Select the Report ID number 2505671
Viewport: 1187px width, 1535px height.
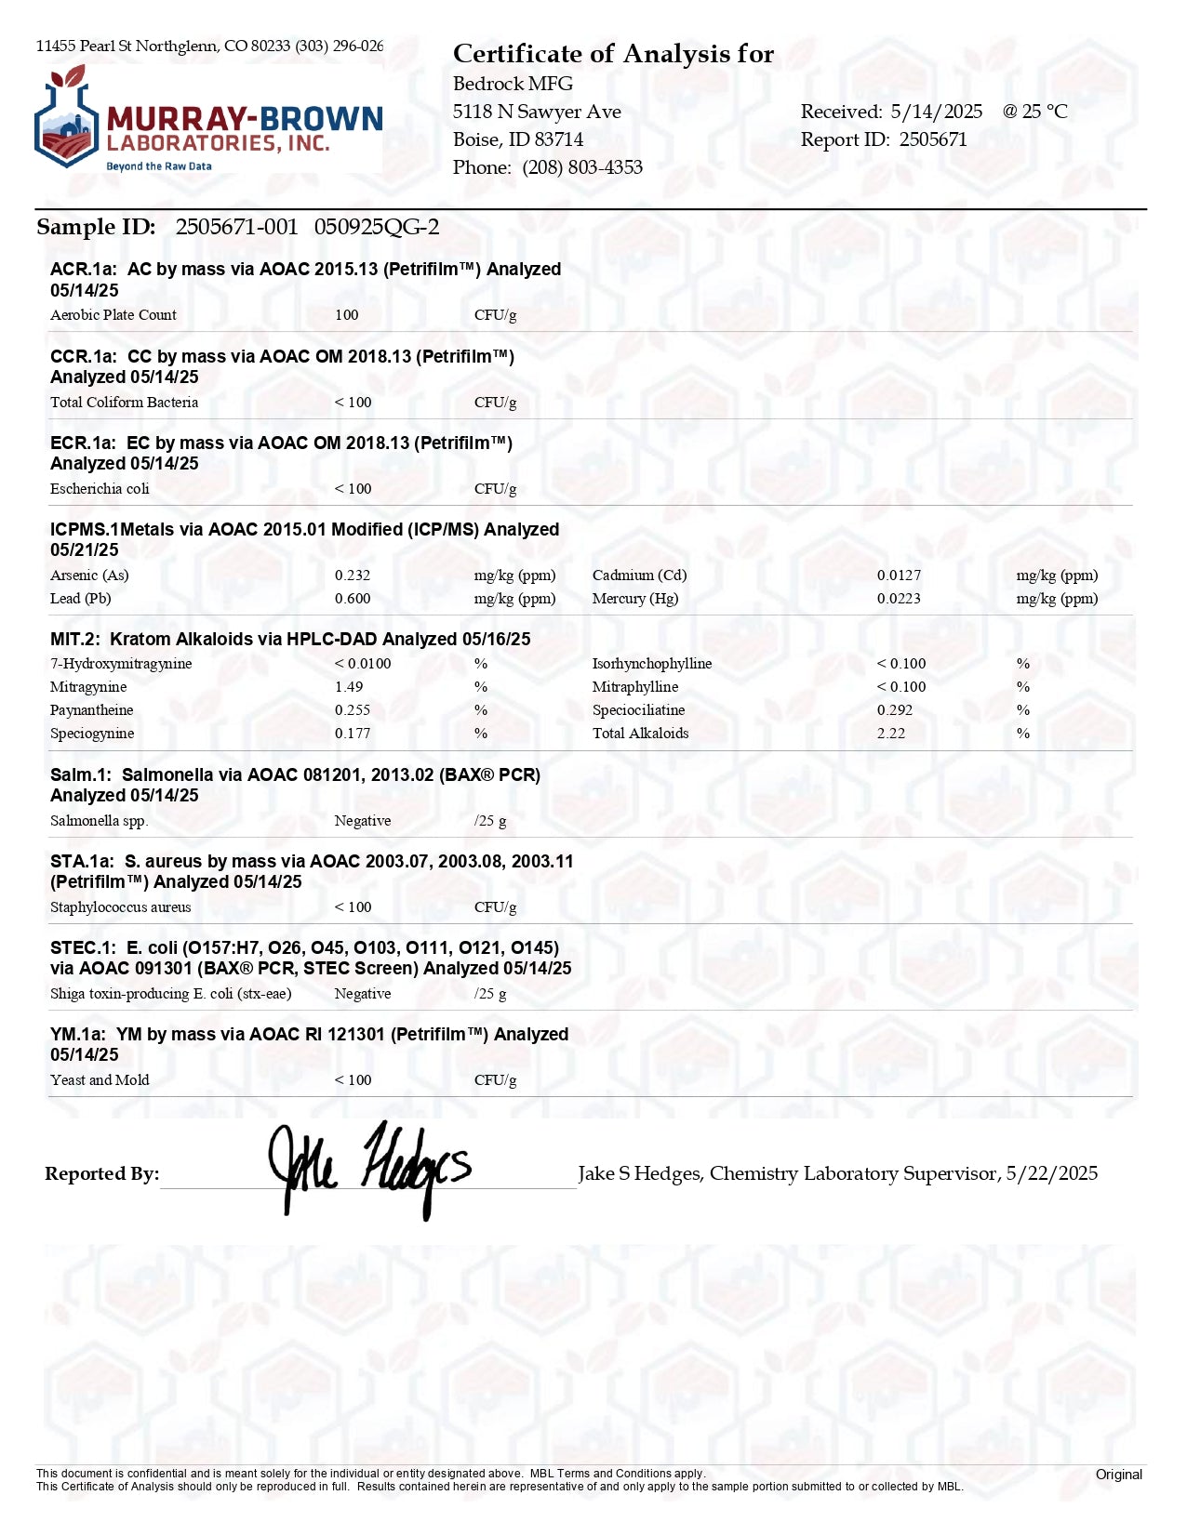pos(933,139)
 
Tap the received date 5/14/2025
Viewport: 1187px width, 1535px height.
pos(936,112)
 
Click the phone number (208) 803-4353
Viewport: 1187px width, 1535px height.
pos(582,167)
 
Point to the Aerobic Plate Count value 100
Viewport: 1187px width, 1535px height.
pos(347,315)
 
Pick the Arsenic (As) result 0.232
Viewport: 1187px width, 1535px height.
pos(353,576)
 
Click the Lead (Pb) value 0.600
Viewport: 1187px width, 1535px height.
pos(353,599)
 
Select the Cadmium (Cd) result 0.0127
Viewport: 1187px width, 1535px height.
pos(899,576)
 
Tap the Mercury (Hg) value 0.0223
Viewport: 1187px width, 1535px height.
pos(899,599)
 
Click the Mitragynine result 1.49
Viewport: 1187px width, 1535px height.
pos(349,687)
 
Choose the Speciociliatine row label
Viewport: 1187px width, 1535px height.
pos(638,710)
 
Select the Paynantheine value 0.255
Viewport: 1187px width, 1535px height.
pos(353,710)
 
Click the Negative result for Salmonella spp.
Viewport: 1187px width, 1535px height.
pos(363,821)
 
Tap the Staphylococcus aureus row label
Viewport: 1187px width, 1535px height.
pos(121,907)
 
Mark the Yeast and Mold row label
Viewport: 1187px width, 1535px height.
pos(100,1080)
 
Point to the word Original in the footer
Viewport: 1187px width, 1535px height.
pos(1118,1475)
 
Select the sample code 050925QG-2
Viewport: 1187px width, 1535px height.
pos(377,227)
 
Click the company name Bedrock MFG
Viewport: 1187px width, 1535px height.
pos(513,84)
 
